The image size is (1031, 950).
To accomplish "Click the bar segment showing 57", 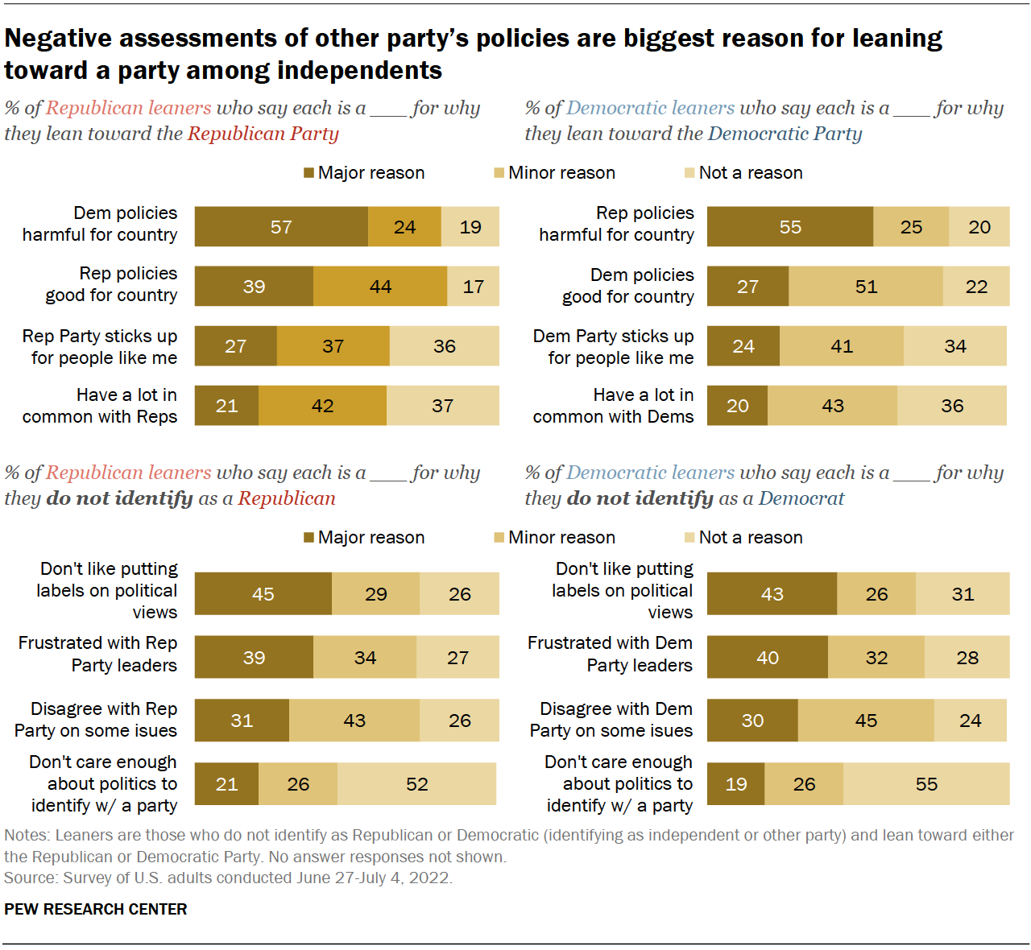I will (x=281, y=227).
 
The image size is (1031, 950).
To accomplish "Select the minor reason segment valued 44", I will (x=380, y=287).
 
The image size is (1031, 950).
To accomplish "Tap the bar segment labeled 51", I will (x=866, y=287).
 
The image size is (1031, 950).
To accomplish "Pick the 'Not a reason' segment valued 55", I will (x=926, y=784).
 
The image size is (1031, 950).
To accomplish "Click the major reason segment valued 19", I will (x=735, y=784).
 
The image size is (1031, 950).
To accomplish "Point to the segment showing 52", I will (x=416, y=784).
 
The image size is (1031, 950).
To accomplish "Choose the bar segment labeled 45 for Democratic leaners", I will (x=866, y=721).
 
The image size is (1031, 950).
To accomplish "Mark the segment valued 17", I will (x=473, y=287).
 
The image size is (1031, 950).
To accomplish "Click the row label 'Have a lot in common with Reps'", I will (x=100, y=406).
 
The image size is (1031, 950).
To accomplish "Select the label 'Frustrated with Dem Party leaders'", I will (x=610, y=654).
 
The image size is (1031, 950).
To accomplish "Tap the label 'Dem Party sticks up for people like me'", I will (x=613, y=347).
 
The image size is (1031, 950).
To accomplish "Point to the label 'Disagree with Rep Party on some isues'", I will (x=96, y=720).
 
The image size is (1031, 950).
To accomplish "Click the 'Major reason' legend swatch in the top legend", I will (x=308, y=173).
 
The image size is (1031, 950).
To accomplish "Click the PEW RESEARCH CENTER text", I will (x=96, y=909).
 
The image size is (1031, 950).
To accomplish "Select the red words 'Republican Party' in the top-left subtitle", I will (x=263, y=134).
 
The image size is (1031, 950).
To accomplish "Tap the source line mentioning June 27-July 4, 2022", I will (x=228, y=878).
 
